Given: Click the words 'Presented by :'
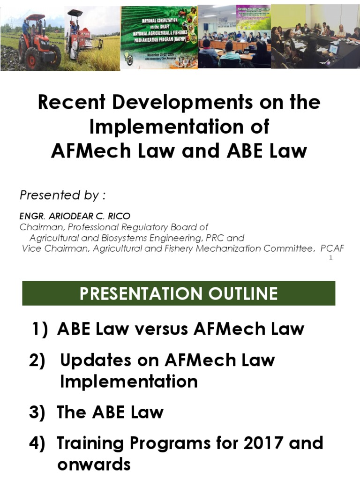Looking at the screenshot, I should click(x=60, y=195).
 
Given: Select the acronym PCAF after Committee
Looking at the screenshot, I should click(x=332, y=248).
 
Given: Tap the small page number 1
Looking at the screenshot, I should click(x=330, y=258).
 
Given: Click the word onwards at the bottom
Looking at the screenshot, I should click(x=94, y=465).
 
